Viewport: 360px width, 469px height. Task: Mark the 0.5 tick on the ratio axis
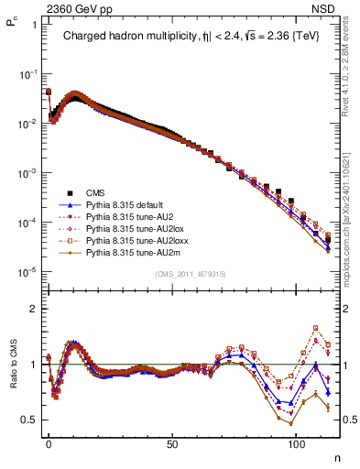[x=29, y=420]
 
